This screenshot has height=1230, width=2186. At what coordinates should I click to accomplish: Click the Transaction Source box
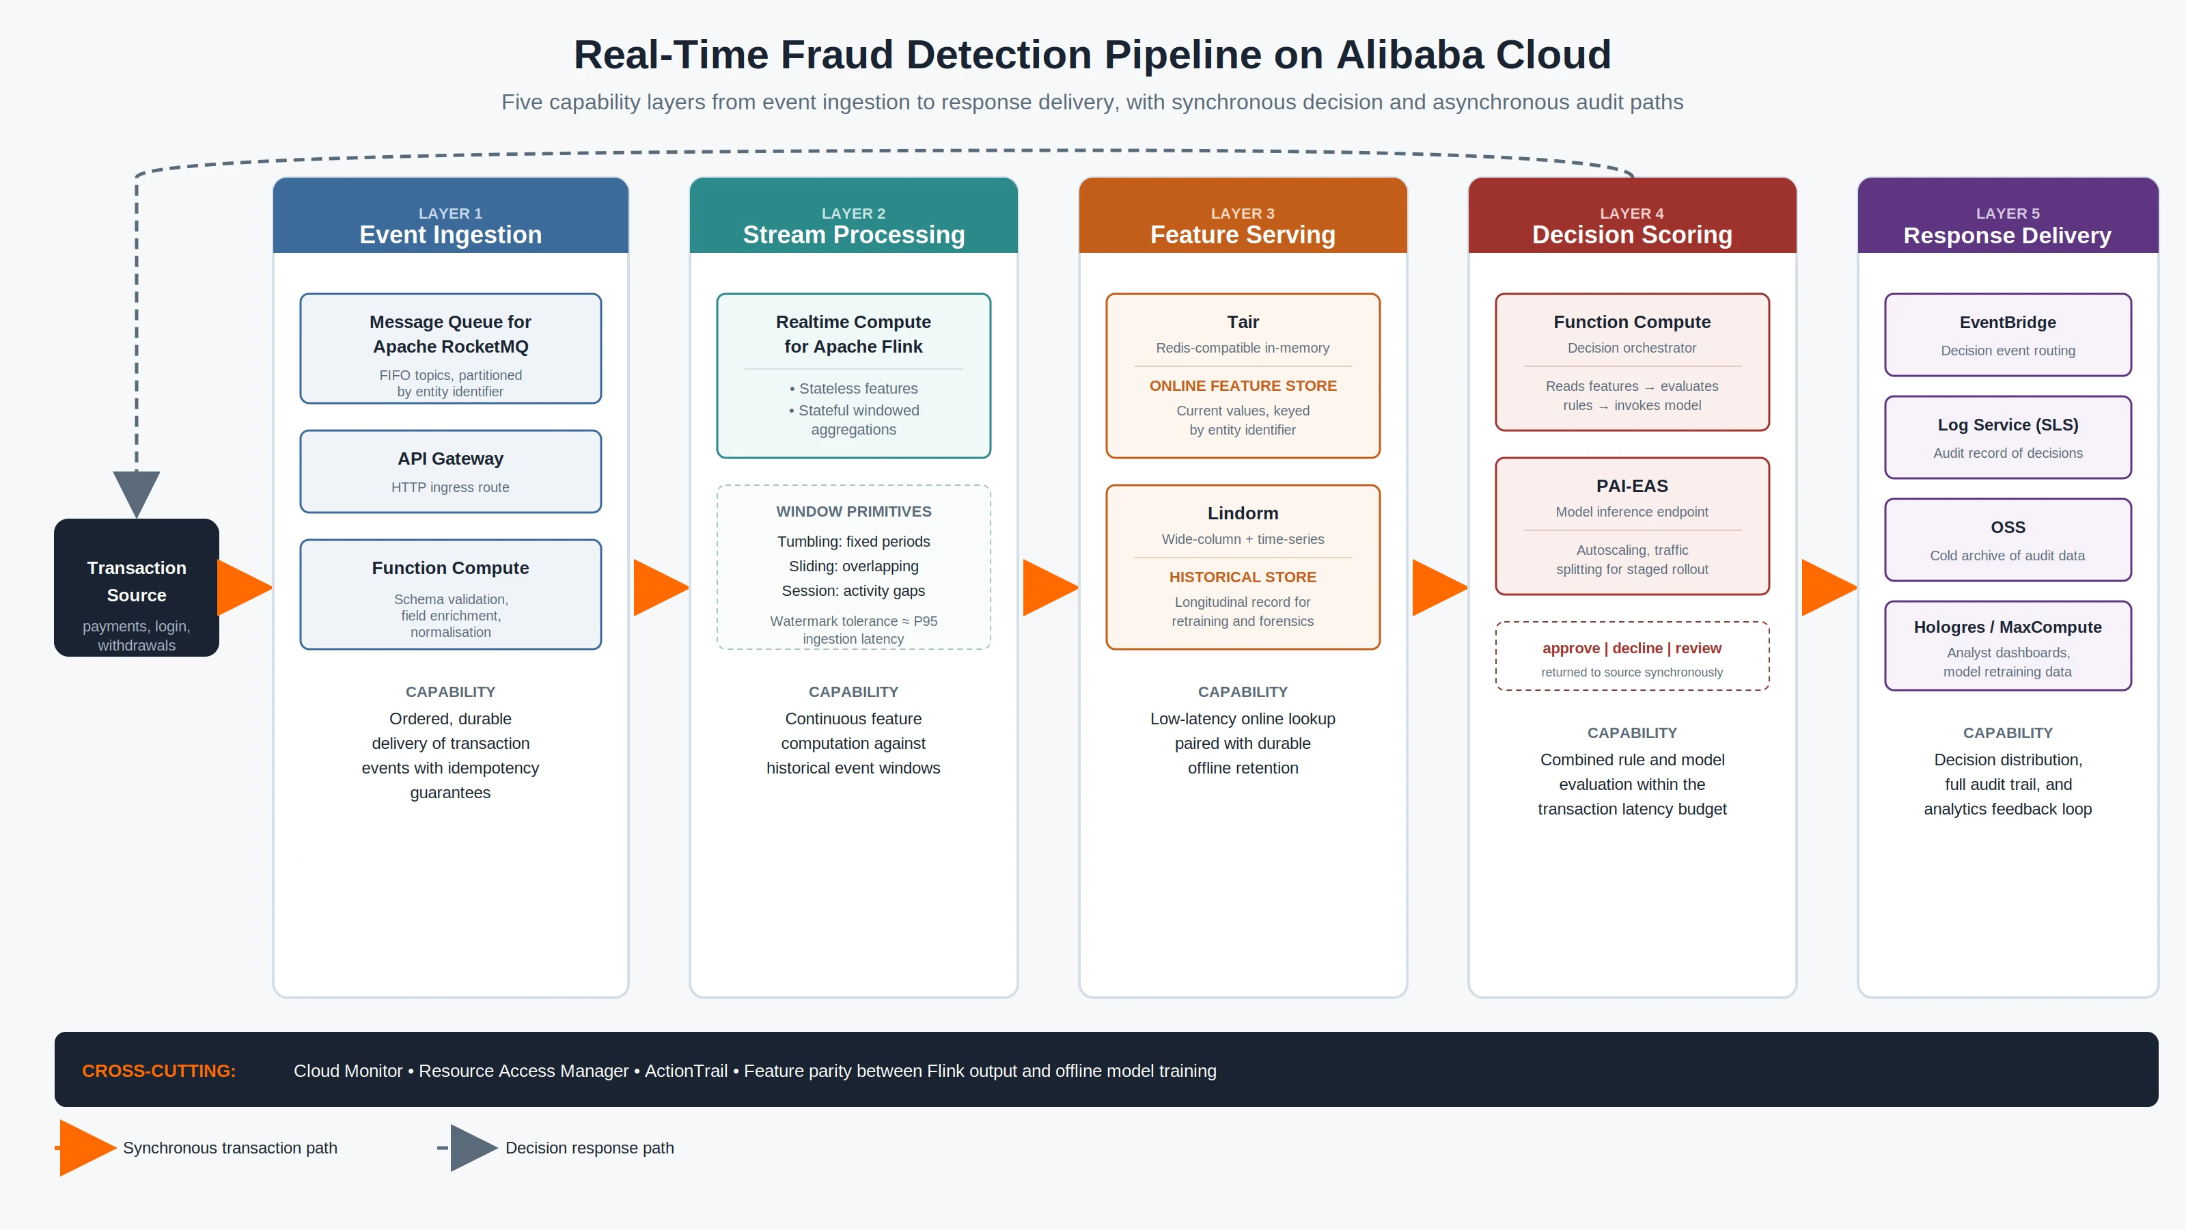click(x=137, y=588)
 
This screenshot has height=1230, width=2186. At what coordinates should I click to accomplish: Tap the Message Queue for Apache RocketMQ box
click(x=451, y=348)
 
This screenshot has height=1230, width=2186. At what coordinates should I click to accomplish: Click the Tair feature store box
click(x=1243, y=375)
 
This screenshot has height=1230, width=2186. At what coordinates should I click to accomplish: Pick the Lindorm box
click(x=1243, y=567)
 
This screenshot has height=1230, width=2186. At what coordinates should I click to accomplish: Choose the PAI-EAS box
click(x=1632, y=526)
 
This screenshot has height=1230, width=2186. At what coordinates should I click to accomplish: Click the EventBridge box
click(x=2008, y=334)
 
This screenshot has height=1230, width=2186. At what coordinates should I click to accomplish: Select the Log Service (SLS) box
click(x=2008, y=437)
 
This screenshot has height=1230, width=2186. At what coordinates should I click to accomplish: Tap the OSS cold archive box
click(x=2008, y=540)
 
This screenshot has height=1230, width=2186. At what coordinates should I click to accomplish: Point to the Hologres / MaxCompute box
click(x=2008, y=646)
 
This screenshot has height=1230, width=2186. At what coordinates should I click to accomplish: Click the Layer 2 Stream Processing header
click(x=854, y=216)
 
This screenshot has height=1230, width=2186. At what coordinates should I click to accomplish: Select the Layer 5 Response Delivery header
click(x=2008, y=216)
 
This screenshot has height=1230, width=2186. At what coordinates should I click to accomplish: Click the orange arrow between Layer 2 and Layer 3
click(x=1051, y=588)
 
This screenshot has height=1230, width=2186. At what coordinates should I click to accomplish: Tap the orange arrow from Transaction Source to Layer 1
click(x=245, y=588)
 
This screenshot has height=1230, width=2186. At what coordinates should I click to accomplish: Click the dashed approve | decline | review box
click(x=1632, y=656)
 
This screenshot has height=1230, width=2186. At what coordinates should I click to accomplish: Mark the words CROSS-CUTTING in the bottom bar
click(x=158, y=1071)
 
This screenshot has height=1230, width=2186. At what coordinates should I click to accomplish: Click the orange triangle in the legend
click(x=87, y=1148)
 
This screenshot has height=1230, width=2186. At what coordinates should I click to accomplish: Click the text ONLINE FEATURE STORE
click(x=1243, y=385)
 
